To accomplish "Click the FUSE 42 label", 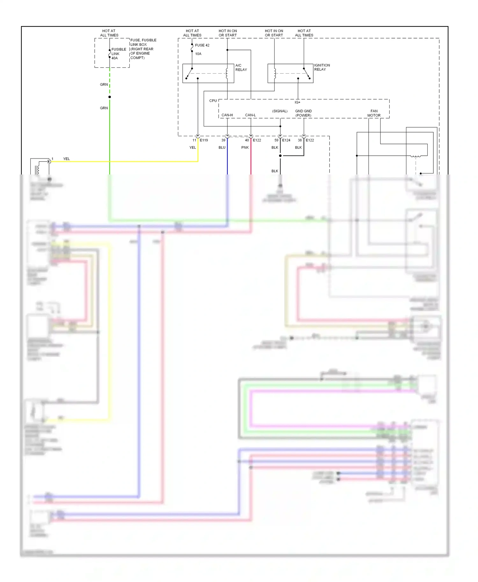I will tap(202, 45).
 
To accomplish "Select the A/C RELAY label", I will tap(241, 67).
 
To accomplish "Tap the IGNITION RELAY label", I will tap(322, 67).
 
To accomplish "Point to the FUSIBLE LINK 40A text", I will tap(119, 54).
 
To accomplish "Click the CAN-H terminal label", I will tap(227, 115).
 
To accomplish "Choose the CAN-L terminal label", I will tap(250, 115).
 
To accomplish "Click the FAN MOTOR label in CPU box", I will tap(374, 113).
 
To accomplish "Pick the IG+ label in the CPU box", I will tap(297, 102).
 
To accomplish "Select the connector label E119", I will tap(204, 140).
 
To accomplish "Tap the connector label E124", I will tap(286, 140).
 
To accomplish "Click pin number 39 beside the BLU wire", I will tap(223, 140).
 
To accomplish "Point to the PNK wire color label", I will tap(245, 147).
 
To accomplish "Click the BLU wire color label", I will tap(222, 147).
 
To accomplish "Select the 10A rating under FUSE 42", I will tap(198, 54).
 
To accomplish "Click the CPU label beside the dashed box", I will tap(213, 101).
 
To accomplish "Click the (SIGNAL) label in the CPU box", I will tap(279, 111).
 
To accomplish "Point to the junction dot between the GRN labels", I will tap(110, 97).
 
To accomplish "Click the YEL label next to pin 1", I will tap(66, 159).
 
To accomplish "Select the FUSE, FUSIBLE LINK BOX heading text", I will tap(143, 42).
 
